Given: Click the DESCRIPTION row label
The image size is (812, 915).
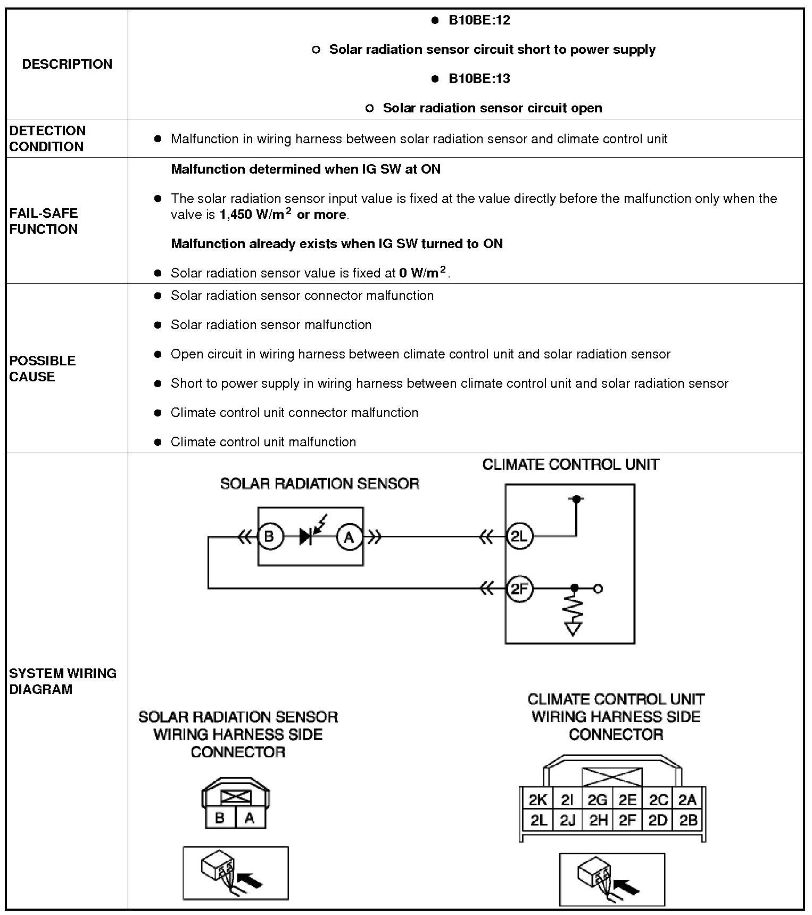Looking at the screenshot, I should pos(67,64).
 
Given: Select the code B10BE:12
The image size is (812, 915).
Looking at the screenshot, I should pos(479,20).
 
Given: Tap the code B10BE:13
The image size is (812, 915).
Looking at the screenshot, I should pos(479,79).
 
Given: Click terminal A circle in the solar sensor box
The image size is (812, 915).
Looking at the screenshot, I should pos(349,537).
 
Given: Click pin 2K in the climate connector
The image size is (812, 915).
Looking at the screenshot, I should pos(537,799).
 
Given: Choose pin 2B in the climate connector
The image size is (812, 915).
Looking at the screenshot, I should pos(688,820).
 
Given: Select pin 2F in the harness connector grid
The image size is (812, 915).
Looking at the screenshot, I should pos(627,820).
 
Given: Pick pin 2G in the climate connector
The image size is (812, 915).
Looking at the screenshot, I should pos(597,799).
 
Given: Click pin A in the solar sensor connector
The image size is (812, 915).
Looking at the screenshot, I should pos(250,818).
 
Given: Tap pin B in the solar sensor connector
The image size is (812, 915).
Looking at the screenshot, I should pos(220,818).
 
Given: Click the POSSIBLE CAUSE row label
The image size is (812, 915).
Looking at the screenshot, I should pos(43,368).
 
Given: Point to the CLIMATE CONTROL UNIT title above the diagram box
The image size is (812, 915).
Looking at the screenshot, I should pos(570,464).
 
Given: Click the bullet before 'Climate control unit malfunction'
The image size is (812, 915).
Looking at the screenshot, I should pos(158,442).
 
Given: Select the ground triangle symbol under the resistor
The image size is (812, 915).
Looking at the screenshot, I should pos(574,630).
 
